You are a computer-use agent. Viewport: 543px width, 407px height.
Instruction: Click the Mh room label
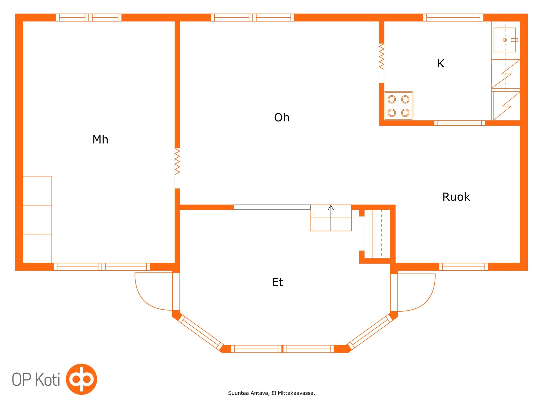(x=100, y=140)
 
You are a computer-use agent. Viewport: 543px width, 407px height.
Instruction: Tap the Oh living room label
(x=282, y=118)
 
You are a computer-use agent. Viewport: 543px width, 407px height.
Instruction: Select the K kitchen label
(x=441, y=64)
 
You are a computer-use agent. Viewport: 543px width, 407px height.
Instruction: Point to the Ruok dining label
(x=456, y=197)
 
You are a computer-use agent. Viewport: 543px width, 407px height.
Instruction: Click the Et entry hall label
(x=277, y=282)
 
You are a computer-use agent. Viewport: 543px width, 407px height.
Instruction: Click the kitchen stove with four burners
(x=398, y=106)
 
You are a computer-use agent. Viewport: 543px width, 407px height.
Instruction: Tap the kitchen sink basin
(x=504, y=40)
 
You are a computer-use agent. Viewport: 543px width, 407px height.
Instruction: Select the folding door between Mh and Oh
(x=177, y=162)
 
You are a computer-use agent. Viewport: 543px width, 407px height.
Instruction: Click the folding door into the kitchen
(x=381, y=56)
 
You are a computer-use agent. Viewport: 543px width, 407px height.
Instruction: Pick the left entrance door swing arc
(x=145, y=298)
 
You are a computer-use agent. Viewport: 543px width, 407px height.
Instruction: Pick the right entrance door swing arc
(x=425, y=299)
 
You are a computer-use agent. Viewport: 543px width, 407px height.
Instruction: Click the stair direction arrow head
(x=331, y=208)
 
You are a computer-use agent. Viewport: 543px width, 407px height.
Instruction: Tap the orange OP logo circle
(x=81, y=379)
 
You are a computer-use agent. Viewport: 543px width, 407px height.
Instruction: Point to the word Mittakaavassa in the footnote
(x=296, y=393)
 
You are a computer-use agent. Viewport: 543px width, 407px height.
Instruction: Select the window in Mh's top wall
(x=89, y=18)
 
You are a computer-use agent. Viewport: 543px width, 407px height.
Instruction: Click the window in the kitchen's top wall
(x=453, y=18)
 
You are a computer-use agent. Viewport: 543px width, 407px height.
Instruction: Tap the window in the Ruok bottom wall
(x=463, y=267)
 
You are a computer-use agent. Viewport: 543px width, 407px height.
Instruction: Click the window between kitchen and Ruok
(x=459, y=123)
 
